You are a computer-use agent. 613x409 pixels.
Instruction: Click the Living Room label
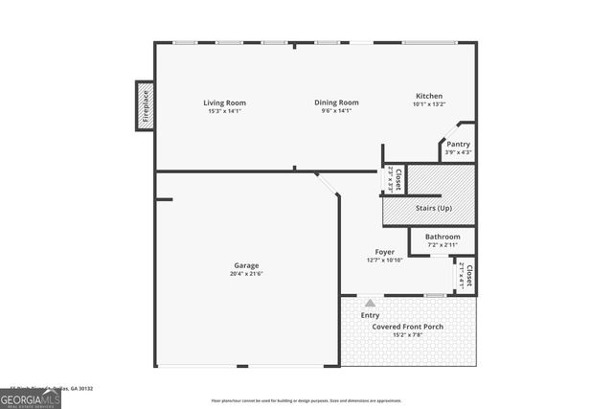(x=225, y=102)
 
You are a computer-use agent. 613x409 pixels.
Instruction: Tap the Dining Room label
(x=337, y=102)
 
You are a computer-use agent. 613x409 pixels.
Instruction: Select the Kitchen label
(x=428, y=96)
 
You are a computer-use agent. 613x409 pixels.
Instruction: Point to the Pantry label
(x=459, y=144)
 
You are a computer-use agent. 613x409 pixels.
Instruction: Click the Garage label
(x=246, y=265)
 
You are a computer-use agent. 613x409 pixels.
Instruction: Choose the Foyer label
(x=384, y=252)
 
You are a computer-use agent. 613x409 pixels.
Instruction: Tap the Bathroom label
(x=443, y=237)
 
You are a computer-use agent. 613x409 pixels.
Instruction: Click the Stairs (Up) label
(x=434, y=208)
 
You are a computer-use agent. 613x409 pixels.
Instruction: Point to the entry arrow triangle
(x=370, y=303)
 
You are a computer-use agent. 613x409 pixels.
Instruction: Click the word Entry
(x=370, y=315)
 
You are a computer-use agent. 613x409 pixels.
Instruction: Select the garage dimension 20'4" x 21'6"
(x=246, y=274)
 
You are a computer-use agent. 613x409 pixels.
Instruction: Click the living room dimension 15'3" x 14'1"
(x=225, y=111)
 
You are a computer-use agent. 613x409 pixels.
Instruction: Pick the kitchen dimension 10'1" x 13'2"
(x=428, y=104)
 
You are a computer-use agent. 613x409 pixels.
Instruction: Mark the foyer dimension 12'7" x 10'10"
(x=384, y=261)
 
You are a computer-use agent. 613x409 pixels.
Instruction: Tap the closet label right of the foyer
(x=465, y=276)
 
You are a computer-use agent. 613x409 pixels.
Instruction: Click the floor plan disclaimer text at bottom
(x=306, y=400)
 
